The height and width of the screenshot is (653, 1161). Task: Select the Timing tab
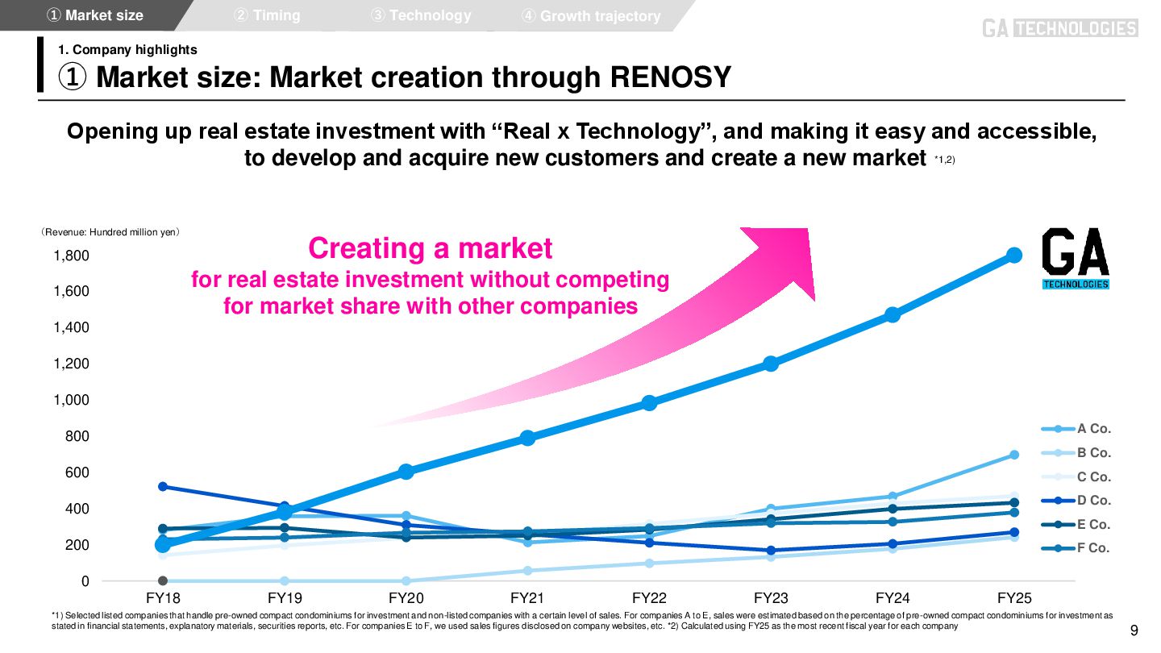click(x=267, y=15)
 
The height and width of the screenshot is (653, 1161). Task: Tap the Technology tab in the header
click(x=421, y=15)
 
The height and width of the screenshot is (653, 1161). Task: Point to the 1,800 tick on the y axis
click(x=71, y=256)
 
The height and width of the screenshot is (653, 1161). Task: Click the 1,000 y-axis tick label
click(x=71, y=400)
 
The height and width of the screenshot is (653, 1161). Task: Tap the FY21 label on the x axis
click(x=527, y=598)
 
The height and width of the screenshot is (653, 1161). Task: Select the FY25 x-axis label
click(x=1014, y=598)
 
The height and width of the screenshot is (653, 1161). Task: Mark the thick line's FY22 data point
click(x=649, y=402)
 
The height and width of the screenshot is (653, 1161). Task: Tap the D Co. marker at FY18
click(x=163, y=486)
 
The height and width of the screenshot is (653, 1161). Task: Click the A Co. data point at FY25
click(x=1014, y=455)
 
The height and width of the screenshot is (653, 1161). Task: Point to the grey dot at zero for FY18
click(x=163, y=580)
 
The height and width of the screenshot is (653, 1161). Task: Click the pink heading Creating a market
click(x=431, y=248)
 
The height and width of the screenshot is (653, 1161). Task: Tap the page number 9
click(x=1134, y=630)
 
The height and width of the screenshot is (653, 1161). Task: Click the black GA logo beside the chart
click(x=1076, y=258)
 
